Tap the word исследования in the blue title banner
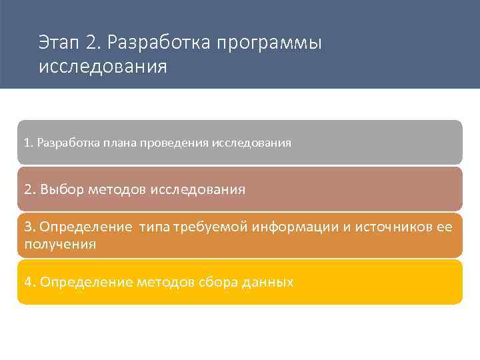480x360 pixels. (x=103, y=68)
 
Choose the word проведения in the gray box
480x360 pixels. (x=174, y=143)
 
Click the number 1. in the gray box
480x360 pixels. (x=28, y=143)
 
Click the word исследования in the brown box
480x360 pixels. (x=198, y=189)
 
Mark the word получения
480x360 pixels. (x=60, y=244)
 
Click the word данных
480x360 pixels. (x=267, y=282)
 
